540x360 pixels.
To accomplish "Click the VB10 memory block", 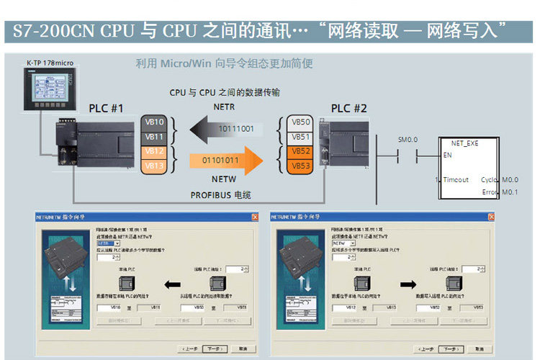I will coord(155,122).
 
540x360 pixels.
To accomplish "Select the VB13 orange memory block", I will coord(155,166).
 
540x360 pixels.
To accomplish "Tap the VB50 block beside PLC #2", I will coord(301,122).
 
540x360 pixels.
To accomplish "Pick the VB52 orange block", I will coord(301,151).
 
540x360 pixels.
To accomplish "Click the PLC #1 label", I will coord(107,109).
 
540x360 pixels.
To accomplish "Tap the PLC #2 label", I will coord(349,109).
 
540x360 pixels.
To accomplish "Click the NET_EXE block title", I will coord(464,143).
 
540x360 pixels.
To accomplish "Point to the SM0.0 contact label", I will coord(408,139).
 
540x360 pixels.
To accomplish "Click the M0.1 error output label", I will coord(510,192).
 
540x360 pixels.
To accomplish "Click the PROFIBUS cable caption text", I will coord(220,195).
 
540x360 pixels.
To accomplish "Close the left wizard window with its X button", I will coord(255,217).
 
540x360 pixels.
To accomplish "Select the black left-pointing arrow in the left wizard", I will coord(173,283).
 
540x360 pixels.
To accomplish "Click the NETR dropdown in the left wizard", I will coord(108,243).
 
